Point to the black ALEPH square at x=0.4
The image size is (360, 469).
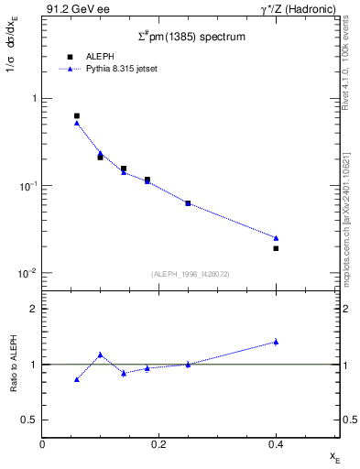[276, 248]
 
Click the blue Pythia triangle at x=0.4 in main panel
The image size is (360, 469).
[276, 238]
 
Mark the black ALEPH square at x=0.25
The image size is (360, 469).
[188, 203]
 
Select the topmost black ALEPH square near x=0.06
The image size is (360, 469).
[77, 116]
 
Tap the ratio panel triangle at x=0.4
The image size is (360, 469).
[276, 342]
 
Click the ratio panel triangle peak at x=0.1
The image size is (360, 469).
[101, 354]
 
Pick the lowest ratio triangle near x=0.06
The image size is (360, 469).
[77, 379]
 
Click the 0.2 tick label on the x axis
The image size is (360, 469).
[158, 444]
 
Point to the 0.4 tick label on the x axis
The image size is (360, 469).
[276, 444]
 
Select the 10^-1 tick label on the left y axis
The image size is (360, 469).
[27, 186]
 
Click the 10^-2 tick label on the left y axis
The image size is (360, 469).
[27, 274]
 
